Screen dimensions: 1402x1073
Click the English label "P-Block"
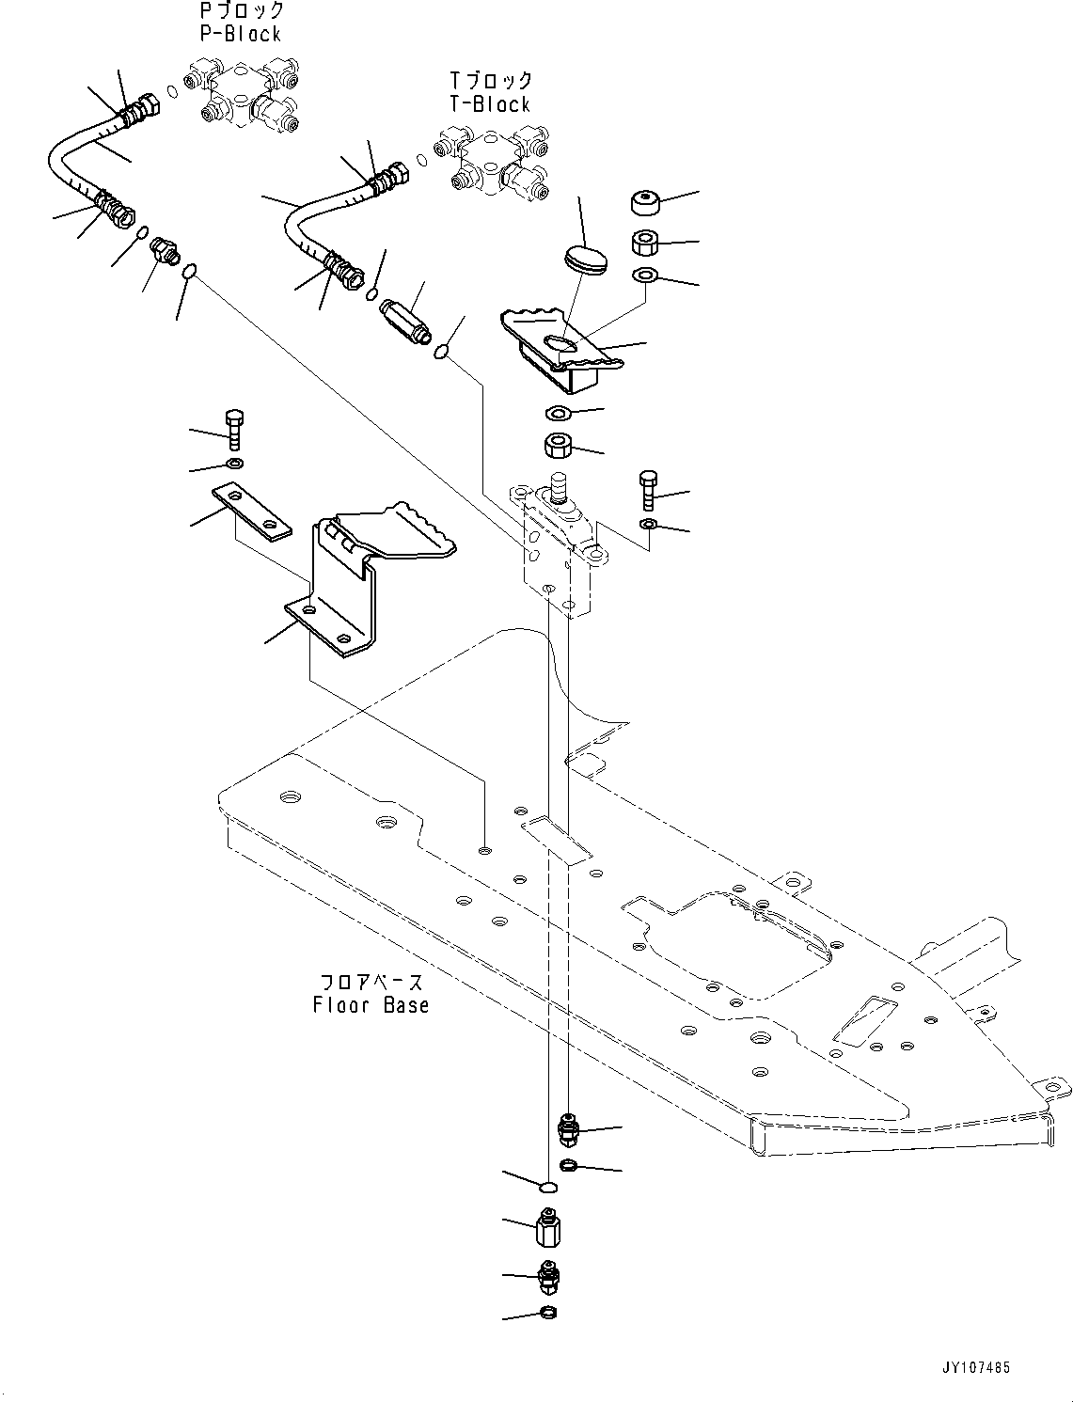click(x=240, y=34)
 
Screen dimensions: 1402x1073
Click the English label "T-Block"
click(x=489, y=104)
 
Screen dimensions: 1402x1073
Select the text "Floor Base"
click(x=371, y=1005)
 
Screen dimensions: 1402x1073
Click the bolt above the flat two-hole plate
click(x=234, y=429)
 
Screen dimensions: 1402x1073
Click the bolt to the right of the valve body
click(x=647, y=489)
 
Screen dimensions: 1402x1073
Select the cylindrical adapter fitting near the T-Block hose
click(x=404, y=320)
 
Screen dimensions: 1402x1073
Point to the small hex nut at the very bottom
click(x=548, y=1313)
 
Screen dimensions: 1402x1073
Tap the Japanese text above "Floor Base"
click(x=371, y=982)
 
